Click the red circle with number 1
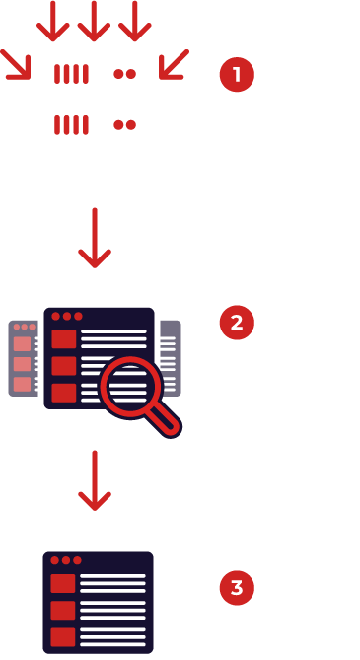[236, 74]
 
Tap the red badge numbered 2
[236, 323]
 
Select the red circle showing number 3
[236, 589]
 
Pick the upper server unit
[94, 73]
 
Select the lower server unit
[94, 124]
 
